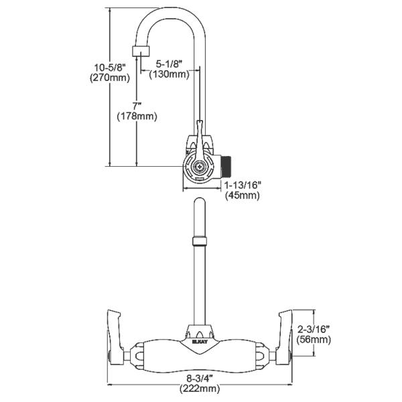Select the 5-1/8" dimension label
pos(170,64)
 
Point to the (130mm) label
pos(170,74)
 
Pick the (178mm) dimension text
pos(137,117)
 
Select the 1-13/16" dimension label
pos(243,184)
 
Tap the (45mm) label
pos(243,195)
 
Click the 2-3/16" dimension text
pos(315,329)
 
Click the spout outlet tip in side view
pos(141,52)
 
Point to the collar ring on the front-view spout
pos(200,242)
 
